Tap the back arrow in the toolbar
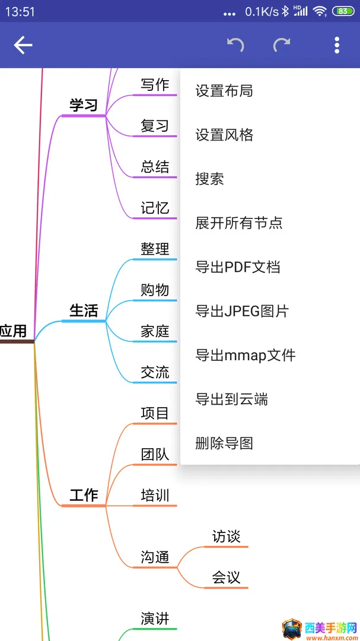pos(23,45)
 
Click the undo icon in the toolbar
pos(236,45)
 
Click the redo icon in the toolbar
pos(282,45)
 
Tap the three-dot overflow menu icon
pos(337,45)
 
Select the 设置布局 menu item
pos(224,91)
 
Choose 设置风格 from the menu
pos(224,135)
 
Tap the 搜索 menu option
pos(209,179)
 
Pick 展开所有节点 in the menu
pos(238,223)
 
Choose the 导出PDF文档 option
pos(238,267)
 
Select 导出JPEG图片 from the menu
pos(242,312)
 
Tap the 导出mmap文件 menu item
pos(245,356)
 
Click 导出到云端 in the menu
pos(231,399)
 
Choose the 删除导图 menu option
pos(224,443)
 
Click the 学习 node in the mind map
pos(84,106)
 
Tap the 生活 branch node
pos(84,310)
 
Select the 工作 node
pos(84,496)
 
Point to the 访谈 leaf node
pos(226,537)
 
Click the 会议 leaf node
pos(226,577)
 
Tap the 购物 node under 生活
pos(155,290)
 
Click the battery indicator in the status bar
pos(343,11)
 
